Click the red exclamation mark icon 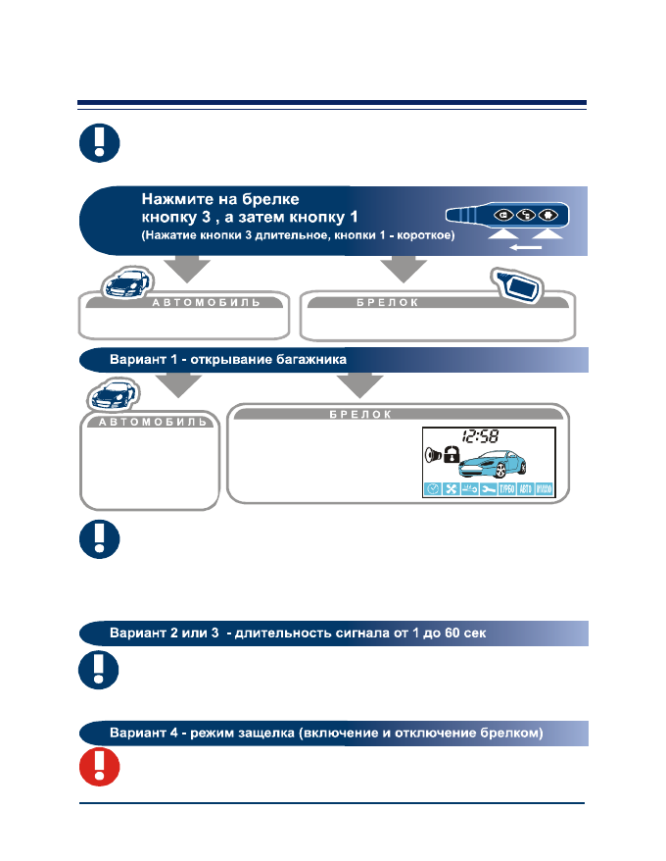point(99,768)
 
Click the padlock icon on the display point(452,454)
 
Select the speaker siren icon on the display point(432,454)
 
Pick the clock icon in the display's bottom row point(432,489)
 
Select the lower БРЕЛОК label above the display point(373,415)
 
